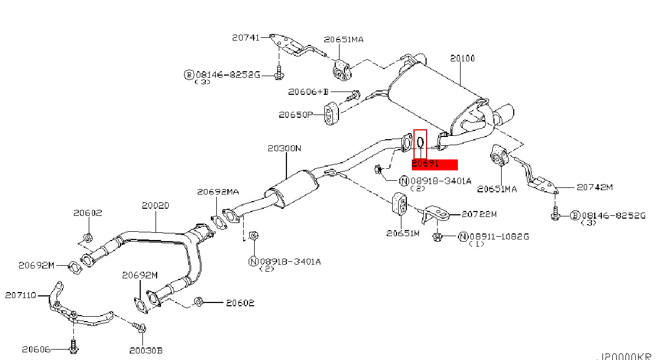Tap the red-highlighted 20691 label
(434, 164)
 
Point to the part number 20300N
(284, 148)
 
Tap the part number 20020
(155, 205)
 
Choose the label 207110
(21, 295)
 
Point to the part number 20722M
(479, 214)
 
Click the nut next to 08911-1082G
(438, 237)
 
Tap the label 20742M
(594, 187)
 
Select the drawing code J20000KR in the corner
(625, 356)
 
